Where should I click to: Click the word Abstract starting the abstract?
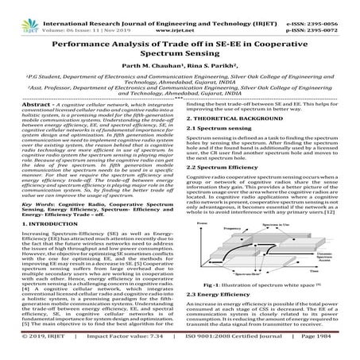click(x=23, y=104)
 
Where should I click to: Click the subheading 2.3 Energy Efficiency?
click(x=220, y=293)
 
